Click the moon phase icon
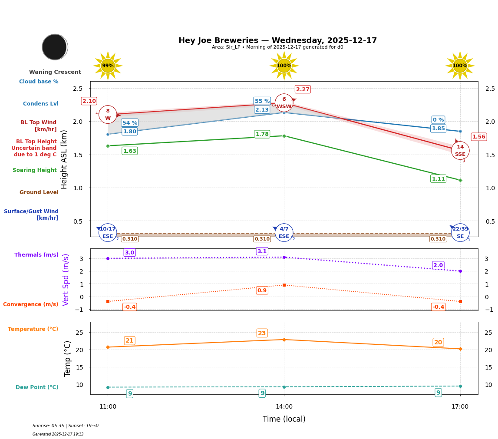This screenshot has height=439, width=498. click(x=55, y=47)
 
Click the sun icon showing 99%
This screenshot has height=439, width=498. click(x=108, y=66)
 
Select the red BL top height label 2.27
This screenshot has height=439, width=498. click(x=303, y=89)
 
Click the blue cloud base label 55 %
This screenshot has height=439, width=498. click(x=262, y=101)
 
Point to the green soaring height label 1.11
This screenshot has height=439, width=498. click(x=438, y=179)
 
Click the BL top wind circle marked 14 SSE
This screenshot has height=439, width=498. click(x=460, y=151)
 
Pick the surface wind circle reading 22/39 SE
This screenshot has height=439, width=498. click(x=460, y=233)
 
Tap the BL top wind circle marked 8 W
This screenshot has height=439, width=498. click(x=108, y=115)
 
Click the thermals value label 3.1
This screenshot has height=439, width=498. click(x=262, y=251)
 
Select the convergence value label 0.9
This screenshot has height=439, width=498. click(x=262, y=290)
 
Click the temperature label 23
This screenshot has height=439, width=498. click(x=262, y=333)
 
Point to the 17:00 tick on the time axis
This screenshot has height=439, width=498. click(x=460, y=407)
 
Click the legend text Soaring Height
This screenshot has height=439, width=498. click(x=35, y=170)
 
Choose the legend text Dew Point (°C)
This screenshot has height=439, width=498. click(x=37, y=387)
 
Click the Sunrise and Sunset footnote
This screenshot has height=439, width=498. click(x=66, y=426)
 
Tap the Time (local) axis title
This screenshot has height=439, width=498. click(x=284, y=419)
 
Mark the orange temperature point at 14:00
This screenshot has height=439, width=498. click(x=284, y=340)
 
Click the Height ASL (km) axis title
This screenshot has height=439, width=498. click(x=64, y=159)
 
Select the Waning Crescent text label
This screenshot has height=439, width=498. click(x=55, y=72)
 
